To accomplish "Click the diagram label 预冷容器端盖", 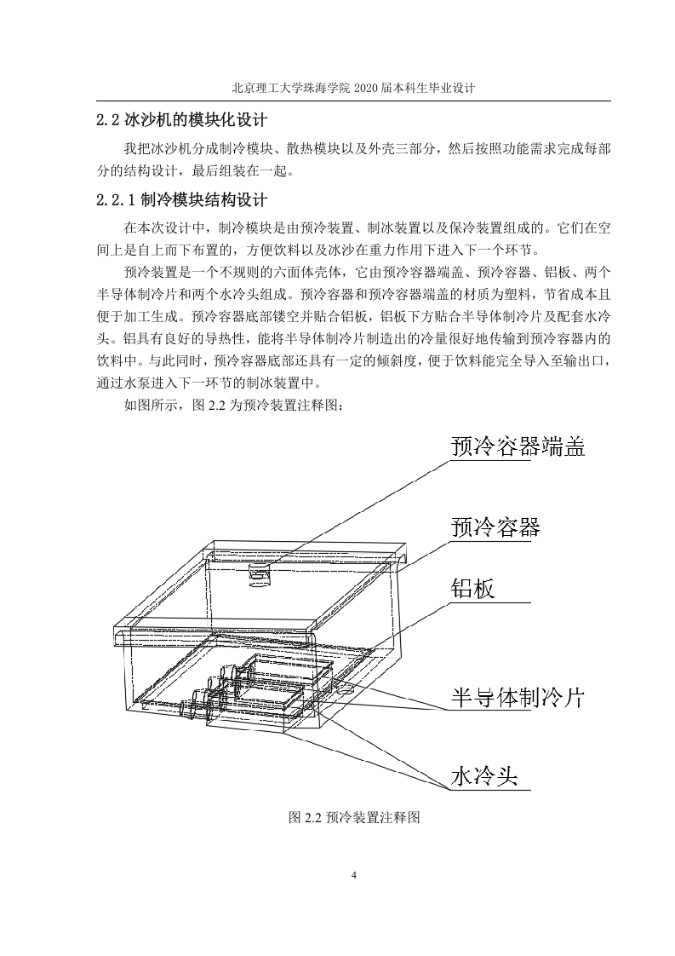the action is click(x=518, y=446).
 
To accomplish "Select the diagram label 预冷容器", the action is click(x=495, y=527).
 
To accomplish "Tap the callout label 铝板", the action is click(x=472, y=589).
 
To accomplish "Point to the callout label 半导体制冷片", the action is click(x=518, y=697).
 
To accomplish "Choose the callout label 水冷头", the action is click(x=484, y=776).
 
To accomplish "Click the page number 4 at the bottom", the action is click(x=354, y=876).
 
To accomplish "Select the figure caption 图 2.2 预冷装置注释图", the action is click(x=354, y=817).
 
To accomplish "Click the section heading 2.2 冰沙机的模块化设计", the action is click(x=181, y=119).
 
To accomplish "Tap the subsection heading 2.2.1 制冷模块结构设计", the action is click(x=181, y=200).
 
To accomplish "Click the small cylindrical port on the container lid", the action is click(x=260, y=574).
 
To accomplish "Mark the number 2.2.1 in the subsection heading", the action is click(x=116, y=200).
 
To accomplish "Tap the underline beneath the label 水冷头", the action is click(x=490, y=790).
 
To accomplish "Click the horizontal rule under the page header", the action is click(x=354, y=101).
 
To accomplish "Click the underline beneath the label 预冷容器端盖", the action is click(x=490, y=460).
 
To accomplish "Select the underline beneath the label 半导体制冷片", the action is click(x=490, y=711).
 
